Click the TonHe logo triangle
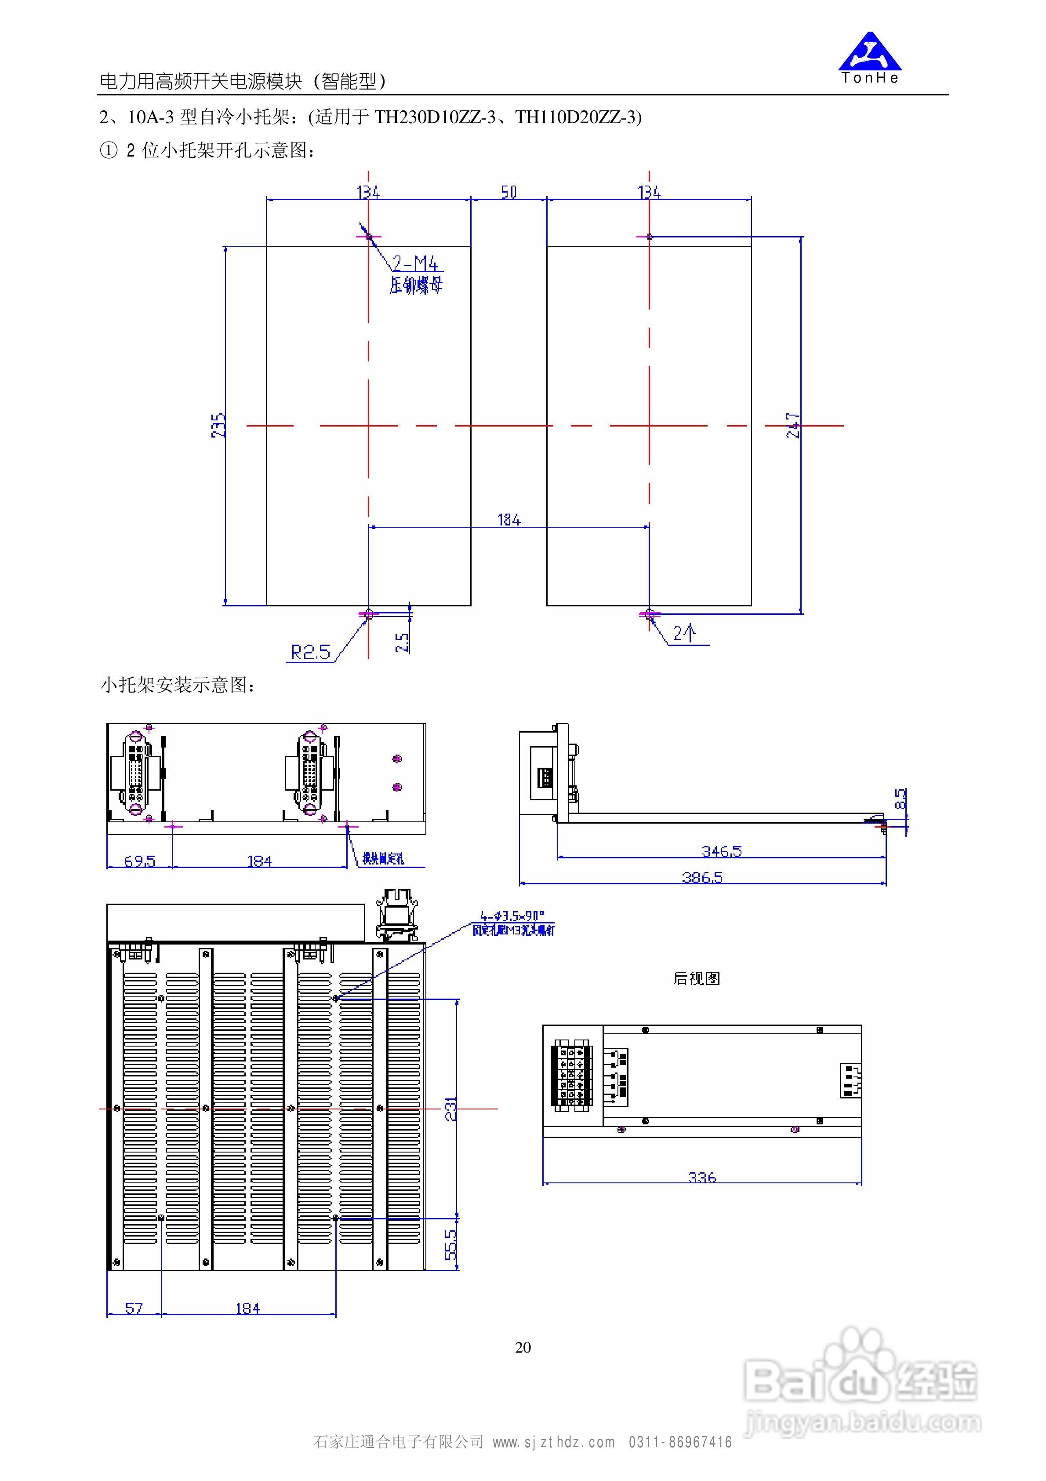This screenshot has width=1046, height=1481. point(869,53)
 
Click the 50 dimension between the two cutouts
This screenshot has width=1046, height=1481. point(509,192)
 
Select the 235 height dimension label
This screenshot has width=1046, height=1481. point(218,426)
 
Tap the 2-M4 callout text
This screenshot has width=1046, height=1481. point(415,263)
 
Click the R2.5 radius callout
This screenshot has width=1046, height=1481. point(310,652)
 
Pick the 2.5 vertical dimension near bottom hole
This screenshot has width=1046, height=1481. point(401,642)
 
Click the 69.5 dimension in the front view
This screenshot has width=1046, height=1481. point(139,861)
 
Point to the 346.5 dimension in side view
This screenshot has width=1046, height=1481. point(722,851)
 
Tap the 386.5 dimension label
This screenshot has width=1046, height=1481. point(702,877)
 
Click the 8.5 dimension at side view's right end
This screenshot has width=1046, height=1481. point(901,799)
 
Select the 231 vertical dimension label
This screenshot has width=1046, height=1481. point(451,1108)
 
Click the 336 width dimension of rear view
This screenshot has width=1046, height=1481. point(701,1177)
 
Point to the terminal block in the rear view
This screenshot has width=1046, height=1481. point(571,1075)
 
